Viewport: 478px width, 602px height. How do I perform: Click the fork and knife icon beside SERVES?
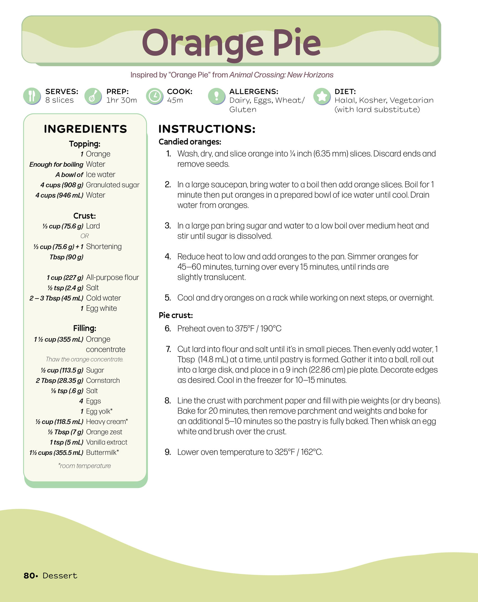coord(32,96)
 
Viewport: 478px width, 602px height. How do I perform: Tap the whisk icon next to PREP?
coord(93,96)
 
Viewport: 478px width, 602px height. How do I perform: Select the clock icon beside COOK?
coord(154,96)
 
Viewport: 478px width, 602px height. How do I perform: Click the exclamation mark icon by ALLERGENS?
coord(216,96)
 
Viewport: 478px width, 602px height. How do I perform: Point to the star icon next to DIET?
coord(322,96)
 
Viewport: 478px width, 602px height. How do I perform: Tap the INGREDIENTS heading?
coord(86,129)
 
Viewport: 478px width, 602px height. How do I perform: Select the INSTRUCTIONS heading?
coord(207,129)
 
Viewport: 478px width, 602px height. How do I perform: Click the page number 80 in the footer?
coord(29,576)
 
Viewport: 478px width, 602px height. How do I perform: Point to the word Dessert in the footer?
coord(60,576)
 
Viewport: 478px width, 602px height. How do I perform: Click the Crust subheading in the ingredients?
coord(84,216)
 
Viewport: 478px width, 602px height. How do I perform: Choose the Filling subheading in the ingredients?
coord(85,328)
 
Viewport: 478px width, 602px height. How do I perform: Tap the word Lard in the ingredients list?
coord(93,226)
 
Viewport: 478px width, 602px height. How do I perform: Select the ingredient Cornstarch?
coord(103,380)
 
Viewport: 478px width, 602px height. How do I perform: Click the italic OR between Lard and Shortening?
coord(85,236)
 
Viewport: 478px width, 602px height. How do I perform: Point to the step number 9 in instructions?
coord(168,452)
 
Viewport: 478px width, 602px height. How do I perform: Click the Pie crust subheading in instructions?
coord(175,315)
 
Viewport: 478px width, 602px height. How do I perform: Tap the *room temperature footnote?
coord(84,466)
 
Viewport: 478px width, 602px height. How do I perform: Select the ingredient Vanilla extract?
coord(107,442)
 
